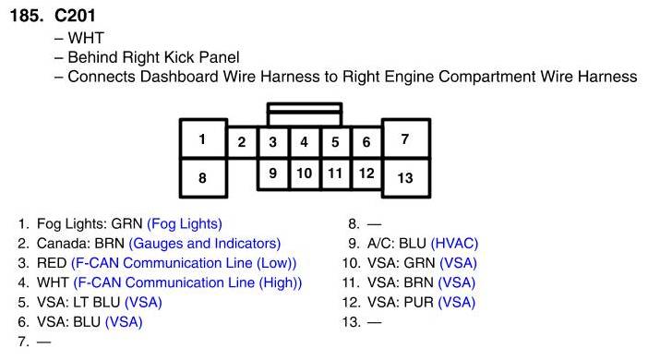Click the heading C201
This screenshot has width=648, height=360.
tap(75, 16)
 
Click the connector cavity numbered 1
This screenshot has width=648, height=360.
tap(203, 138)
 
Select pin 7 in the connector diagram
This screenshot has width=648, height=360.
tap(406, 138)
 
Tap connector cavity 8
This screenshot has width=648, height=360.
tap(203, 178)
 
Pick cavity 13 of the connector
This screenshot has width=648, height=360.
tap(406, 178)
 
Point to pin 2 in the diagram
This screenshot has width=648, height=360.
tap(242, 142)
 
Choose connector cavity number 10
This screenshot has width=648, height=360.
tap(305, 174)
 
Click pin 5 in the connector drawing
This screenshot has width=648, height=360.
tap(335, 142)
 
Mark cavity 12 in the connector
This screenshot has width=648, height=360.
tap(366, 174)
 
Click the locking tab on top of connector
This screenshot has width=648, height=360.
tap(305, 114)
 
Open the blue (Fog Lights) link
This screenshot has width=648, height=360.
tap(185, 224)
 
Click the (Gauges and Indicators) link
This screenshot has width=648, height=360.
tap(205, 244)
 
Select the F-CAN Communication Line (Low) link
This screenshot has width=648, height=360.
tap(184, 263)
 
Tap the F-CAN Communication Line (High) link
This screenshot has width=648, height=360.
tap(187, 282)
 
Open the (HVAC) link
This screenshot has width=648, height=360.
tap(454, 244)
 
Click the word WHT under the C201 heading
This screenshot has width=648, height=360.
tap(86, 38)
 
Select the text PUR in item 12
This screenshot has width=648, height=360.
tap(419, 303)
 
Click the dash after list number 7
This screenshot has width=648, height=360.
tap(43, 342)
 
